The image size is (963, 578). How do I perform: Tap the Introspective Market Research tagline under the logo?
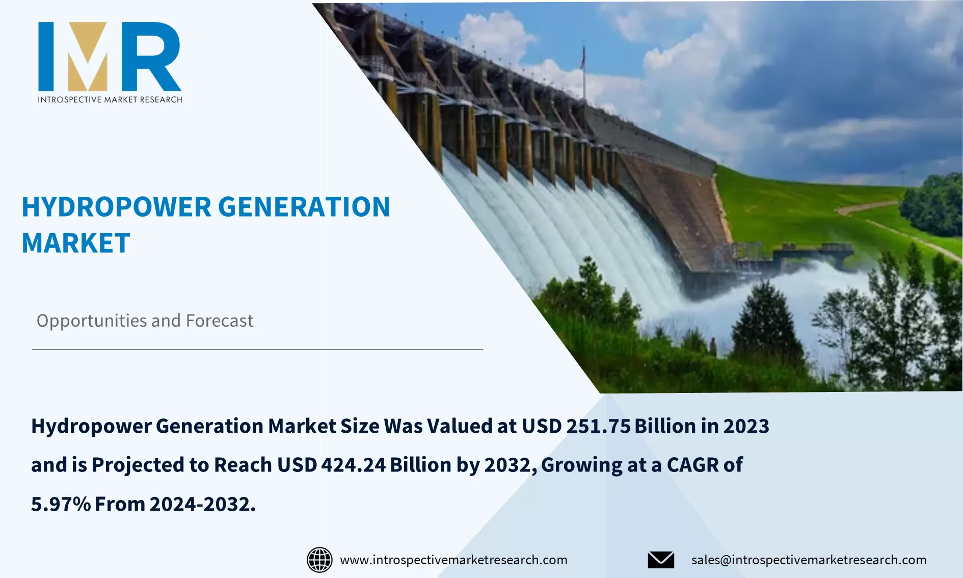click(x=110, y=99)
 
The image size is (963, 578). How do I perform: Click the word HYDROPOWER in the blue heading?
click(x=116, y=207)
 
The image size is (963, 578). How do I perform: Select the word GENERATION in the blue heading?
click(x=304, y=207)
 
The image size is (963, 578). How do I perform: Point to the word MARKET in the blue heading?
click(x=76, y=243)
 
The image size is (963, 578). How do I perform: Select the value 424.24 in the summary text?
click(x=353, y=465)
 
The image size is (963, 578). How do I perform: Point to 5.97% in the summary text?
click(x=61, y=504)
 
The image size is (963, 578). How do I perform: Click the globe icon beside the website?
click(x=319, y=560)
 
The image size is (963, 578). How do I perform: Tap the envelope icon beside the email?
click(x=661, y=560)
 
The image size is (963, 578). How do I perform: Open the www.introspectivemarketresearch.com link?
click(x=453, y=560)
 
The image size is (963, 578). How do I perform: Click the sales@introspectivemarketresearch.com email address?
click(x=809, y=560)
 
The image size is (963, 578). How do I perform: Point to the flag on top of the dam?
click(x=584, y=57)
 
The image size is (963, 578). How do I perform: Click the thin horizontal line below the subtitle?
click(x=257, y=349)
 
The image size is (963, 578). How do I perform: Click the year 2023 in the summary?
click(x=746, y=426)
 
